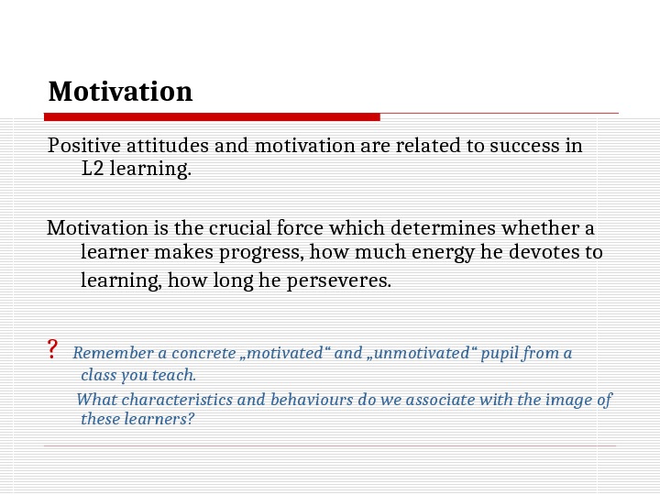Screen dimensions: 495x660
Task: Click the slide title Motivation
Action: (120, 92)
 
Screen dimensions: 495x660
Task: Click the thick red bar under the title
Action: (212, 116)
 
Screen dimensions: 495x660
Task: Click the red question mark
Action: (52, 350)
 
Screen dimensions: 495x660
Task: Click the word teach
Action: (178, 375)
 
